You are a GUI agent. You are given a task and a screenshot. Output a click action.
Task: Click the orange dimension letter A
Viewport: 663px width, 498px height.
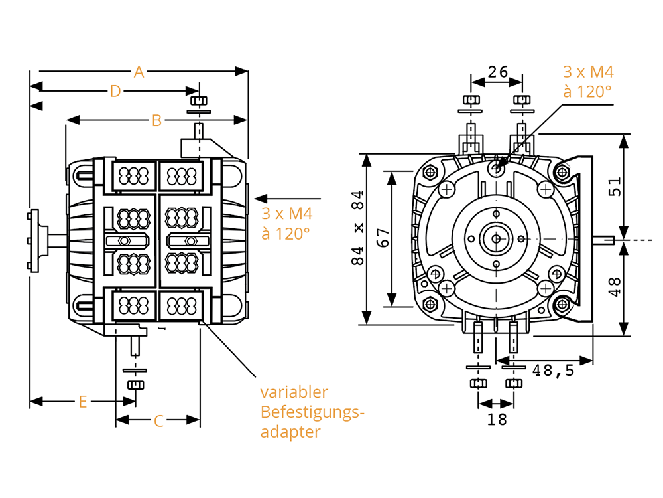tap(139, 72)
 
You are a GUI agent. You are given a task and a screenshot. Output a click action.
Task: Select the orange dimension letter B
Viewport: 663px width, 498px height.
tap(156, 121)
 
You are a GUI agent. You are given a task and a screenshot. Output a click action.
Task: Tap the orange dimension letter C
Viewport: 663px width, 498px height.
tap(158, 421)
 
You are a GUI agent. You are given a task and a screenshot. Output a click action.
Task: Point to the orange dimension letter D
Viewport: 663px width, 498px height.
tap(115, 91)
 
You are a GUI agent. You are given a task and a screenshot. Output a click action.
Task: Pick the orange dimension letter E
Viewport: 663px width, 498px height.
tap(83, 402)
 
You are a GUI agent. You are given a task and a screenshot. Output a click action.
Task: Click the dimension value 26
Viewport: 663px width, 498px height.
tap(497, 72)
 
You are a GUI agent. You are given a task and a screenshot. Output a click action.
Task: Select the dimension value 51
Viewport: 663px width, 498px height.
tap(615, 187)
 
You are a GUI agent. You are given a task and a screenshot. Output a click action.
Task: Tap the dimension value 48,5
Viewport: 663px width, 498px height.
tap(554, 371)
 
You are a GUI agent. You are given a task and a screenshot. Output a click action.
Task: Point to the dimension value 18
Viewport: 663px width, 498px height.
tap(497, 420)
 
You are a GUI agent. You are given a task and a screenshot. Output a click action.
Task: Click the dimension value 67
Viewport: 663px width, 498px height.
tap(383, 238)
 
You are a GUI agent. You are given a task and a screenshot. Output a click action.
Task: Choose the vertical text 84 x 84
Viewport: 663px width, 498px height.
tap(358, 227)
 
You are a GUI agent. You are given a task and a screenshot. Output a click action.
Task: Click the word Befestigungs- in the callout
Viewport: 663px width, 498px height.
tap(312, 412)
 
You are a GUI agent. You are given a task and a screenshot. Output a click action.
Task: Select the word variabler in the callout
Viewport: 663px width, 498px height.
tap(294, 392)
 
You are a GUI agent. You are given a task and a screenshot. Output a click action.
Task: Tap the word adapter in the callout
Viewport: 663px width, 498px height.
tap(290, 432)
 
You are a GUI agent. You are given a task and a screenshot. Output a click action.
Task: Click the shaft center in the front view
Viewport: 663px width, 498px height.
tap(496, 239)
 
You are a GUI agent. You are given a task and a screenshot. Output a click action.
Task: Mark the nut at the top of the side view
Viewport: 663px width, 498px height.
tap(199, 101)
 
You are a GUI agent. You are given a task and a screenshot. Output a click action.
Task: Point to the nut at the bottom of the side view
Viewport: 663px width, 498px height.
tap(135, 385)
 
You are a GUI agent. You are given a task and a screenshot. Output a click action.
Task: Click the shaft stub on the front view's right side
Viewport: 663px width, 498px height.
tap(603, 240)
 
